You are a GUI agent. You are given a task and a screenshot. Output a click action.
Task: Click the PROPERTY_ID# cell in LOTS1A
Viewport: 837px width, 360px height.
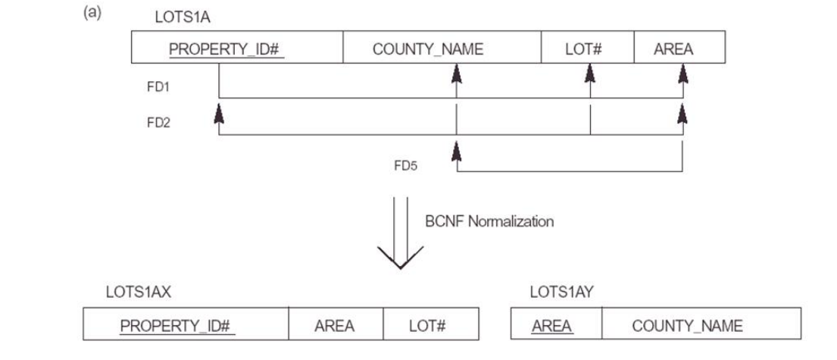point(225,49)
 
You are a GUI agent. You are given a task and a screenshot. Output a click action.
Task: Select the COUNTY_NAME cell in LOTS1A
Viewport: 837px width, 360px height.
point(427,49)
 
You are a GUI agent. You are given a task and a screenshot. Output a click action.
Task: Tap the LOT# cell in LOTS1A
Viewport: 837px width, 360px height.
point(583,49)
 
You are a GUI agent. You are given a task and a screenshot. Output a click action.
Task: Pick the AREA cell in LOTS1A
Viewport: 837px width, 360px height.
point(673,49)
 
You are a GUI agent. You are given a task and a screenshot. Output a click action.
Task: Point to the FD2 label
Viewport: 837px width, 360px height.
point(158,123)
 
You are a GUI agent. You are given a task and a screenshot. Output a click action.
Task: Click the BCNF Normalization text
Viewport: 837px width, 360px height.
point(489,222)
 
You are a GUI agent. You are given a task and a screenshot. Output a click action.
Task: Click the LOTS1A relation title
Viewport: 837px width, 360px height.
point(179,17)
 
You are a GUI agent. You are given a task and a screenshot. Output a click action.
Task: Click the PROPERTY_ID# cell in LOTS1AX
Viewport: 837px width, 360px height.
point(179,326)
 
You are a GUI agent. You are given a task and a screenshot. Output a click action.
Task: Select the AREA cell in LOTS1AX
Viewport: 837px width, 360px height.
point(335,326)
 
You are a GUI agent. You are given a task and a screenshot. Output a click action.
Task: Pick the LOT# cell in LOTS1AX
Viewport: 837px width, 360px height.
point(427,326)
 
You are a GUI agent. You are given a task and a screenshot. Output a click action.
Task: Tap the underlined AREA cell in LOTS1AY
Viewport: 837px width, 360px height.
point(552,326)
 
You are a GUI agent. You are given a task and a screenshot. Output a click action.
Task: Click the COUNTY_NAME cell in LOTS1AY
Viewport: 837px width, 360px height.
point(687,326)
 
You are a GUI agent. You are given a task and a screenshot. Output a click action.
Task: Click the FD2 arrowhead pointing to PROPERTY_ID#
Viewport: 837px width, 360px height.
point(219,113)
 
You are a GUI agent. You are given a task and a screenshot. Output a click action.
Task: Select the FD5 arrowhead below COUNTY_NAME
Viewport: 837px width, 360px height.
point(456,152)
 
